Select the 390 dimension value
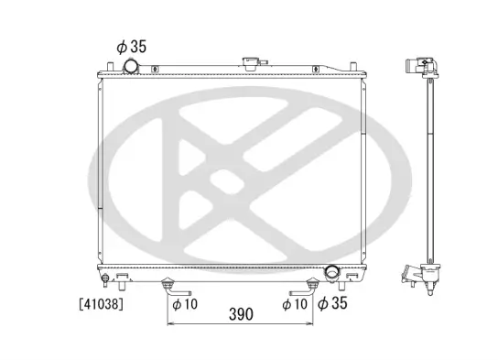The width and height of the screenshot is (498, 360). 241,314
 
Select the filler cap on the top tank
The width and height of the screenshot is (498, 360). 249,62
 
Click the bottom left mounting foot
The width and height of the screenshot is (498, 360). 120,275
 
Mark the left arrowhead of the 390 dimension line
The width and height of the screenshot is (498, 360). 170,323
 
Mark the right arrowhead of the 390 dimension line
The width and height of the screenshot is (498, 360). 313,323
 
